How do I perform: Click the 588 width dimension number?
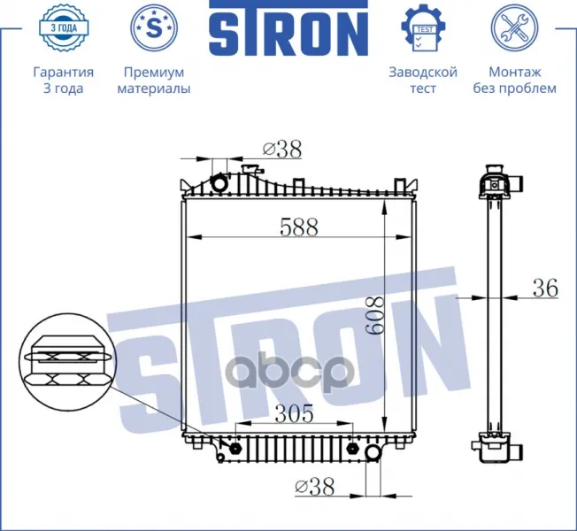(x=299, y=227)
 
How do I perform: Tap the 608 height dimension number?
(x=375, y=316)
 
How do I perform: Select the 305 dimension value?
(x=294, y=413)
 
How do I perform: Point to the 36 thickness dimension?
(x=545, y=288)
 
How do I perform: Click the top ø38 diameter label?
(x=282, y=150)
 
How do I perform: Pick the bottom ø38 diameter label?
(x=315, y=487)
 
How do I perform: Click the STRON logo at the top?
(x=288, y=28)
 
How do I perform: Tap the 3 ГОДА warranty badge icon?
(x=64, y=28)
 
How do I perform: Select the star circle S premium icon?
(x=154, y=28)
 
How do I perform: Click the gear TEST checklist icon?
(x=423, y=28)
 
